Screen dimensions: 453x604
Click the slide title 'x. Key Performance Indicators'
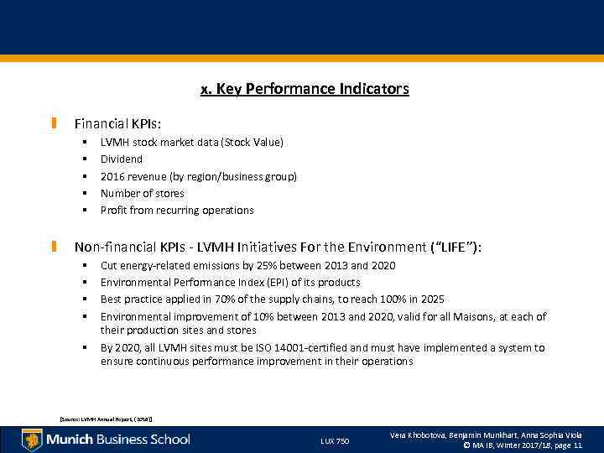click(305, 88)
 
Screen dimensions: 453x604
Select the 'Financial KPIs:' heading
click(123, 124)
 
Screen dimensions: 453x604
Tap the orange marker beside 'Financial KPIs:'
click(55, 124)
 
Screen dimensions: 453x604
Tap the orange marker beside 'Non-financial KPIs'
click(55, 247)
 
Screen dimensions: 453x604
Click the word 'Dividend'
click(122, 159)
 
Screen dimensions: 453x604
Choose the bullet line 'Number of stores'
click(142, 193)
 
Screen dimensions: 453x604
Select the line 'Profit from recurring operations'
click(176, 210)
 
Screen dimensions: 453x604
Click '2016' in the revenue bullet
click(112, 176)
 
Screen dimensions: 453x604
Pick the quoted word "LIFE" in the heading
click(454, 247)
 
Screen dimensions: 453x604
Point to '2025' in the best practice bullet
click(431, 299)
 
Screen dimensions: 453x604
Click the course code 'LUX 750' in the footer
click(335, 440)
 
